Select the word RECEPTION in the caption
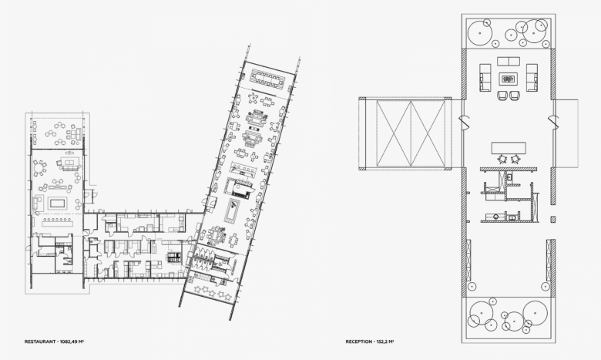(x=359, y=341)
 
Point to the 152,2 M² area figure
(x=385, y=341)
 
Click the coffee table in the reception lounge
(x=508, y=79)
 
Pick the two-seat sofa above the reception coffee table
(x=509, y=61)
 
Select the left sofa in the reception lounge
(x=485, y=77)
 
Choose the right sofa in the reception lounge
(x=532, y=77)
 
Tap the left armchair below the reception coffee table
(x=502, y=96)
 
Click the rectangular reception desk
(x=509, y=147)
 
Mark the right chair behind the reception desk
(x=515, y=158)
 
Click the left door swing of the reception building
(x=464, y=123)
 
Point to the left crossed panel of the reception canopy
(x=393, y=134)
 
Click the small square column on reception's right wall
(x=553, y=219)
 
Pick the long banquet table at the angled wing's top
(x=267, y=78)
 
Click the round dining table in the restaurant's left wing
(x=39, y=168)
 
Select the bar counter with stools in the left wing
(x=57, y=221)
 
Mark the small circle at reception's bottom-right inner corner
(x=546, y=286)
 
